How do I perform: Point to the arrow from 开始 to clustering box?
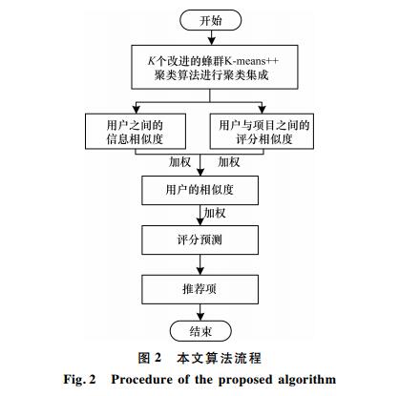(x=211, y=37)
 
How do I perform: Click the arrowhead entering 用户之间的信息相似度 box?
(x=136, y=110)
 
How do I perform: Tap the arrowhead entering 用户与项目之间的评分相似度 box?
(x=262, y=110)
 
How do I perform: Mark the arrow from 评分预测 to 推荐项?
(x=200, y=264)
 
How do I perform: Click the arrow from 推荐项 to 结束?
(x=200, y=312)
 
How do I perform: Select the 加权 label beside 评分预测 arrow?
(x=215, y=213)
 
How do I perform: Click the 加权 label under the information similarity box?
(x=179, y=162)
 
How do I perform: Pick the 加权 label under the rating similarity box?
(x=229, y=162)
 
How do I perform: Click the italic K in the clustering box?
(x=152, y=60)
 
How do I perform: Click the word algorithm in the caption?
(x=307, y=380)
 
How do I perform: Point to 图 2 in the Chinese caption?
(x=150, y=358)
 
